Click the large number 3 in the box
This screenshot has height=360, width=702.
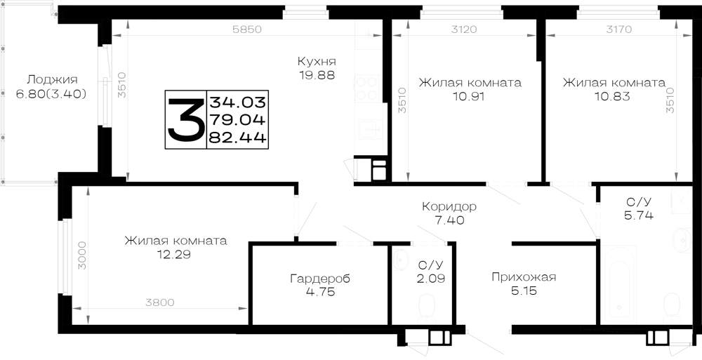185,119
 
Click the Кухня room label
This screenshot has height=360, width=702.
317,61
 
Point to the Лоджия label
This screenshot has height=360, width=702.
52,80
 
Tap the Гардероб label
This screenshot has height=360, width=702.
319,279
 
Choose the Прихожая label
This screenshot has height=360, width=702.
524,277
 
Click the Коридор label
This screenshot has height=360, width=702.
449,207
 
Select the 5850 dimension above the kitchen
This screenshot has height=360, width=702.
246,29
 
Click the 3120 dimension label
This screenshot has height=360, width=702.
464,29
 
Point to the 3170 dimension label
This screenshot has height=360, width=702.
618,29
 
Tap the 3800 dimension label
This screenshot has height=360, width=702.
160,302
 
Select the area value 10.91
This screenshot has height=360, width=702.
470,96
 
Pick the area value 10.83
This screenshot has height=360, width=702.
614,96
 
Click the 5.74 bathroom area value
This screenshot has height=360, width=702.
639,215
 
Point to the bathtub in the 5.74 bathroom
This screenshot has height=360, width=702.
618,285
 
